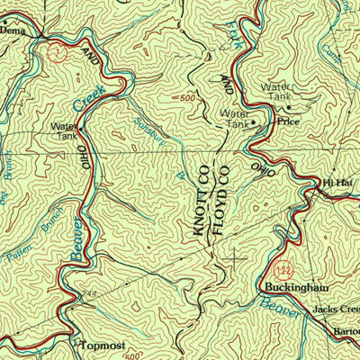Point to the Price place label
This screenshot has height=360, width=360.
287,118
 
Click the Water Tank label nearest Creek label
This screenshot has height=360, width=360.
65,132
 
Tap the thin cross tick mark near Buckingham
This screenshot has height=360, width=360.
237,258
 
